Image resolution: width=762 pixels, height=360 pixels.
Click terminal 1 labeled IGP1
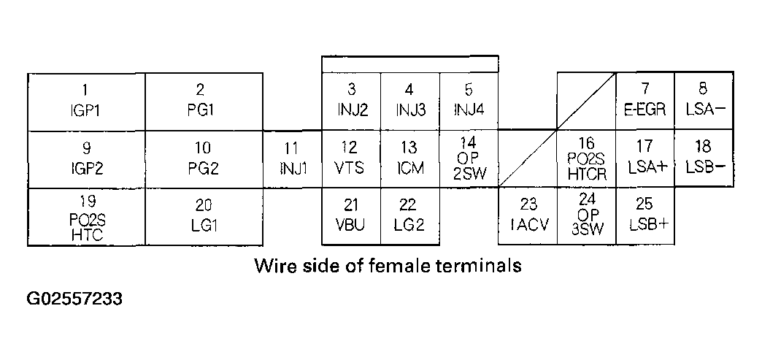[x=86, y=101]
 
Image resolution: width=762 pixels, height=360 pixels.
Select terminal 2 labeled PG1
[x=204, y=101]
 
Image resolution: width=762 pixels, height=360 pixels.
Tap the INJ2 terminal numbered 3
[x=351, y=101]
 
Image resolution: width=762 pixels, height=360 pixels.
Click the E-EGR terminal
[x=644, y=101]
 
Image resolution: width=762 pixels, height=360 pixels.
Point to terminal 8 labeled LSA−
[x=704, y=101]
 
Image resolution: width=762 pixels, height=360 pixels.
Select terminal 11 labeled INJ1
[x=292, y=158]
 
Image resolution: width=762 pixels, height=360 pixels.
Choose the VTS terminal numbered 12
[x=351, y=158]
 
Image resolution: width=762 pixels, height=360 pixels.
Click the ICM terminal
[x=409, y=158]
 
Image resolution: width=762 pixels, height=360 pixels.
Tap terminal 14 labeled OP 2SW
[x=469, y=158]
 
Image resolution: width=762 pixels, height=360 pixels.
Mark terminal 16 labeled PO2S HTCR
[x=586, y=158]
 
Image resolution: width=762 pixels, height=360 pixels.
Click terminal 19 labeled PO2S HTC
[x=86, y=216]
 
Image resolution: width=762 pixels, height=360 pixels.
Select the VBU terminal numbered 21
[x=351, y=216]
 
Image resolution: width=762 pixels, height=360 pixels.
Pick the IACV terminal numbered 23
[x=527, y=216]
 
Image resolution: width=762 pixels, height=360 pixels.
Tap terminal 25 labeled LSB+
[x=644, y=216]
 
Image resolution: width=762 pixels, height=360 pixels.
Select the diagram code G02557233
[x=74, y=299]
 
